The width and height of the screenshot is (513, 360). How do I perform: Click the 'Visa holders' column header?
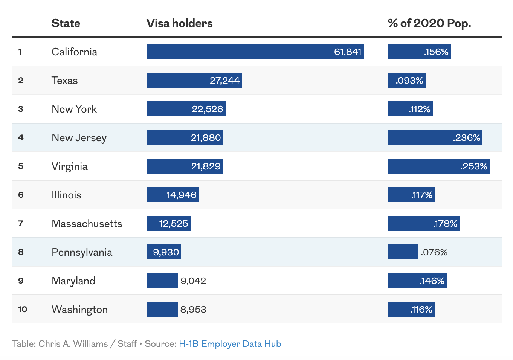pyautogui.click(x=179, y=23)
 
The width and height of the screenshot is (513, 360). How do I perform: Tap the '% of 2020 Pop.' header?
pyautogui.click(x=429, y=23)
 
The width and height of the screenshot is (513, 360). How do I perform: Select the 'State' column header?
pyautogui.click(x=66, y=23)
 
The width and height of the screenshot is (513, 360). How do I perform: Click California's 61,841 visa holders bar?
pyautogui.click(x=255, y=52)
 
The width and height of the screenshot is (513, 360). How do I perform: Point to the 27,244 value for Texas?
pyautogui.click(x=224, y=81)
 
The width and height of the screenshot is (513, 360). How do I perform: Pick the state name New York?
pyautogui.click(x=74, y=109)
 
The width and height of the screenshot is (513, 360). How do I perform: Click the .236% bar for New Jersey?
pyautogui.click(x=435, y=137)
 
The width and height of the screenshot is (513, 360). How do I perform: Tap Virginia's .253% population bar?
pyautogui.click(x=438, y=166)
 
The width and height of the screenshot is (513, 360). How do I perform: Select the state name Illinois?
pyautogui.click(x=66, y=195)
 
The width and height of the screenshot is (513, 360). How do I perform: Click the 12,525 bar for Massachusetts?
pyautogui.click(x=168, y=223)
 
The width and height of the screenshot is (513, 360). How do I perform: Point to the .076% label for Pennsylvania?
pyautogui.click(x=434, y=252)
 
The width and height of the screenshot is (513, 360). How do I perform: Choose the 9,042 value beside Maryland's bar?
pyautogui.click(x=193, y=281)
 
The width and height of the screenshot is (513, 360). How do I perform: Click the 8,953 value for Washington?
pyautogui.click(x=193, y=310)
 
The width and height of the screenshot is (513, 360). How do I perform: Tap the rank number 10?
pyautogui.click(x=23, y=310)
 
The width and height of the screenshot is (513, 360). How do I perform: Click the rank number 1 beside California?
pyautogui.click(x=20, y=52)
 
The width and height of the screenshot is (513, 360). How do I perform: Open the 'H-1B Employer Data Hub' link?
pyautogui.click(x=230, y=344)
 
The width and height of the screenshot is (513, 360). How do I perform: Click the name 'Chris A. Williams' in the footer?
pyautogui.click(x=73, y=344)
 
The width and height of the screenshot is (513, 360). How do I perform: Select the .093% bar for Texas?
pyautogui.click(x=406, y=81)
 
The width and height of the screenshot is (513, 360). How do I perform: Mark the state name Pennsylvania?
pyautogui.click(x=82, y=252)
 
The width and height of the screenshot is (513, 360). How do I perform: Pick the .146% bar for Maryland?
pyautogui.click(x=417, y=281)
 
